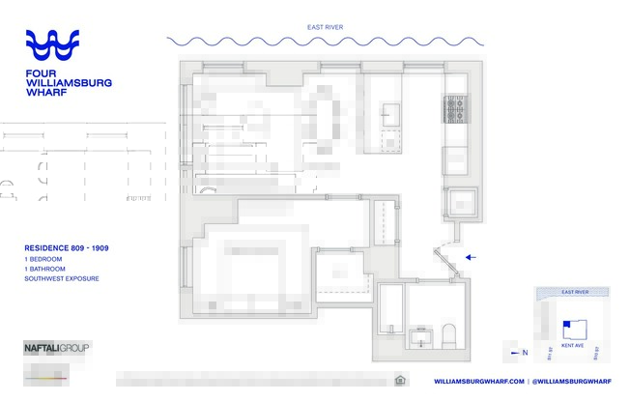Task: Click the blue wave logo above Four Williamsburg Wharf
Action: click(65, 45)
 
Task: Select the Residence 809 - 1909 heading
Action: click(66, 248)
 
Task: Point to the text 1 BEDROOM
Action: click(44, 259)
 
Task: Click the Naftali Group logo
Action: click(57, 347)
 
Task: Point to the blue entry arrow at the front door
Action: click(471, 257)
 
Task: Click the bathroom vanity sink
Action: click(421, 338)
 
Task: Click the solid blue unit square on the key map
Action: click(567, 325)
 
